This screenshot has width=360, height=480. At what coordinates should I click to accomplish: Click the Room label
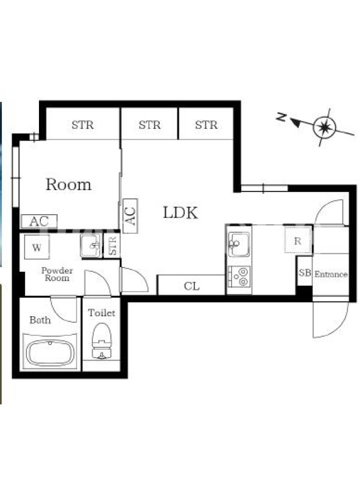(68, 184)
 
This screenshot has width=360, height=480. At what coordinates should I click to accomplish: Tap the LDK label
(181, 212)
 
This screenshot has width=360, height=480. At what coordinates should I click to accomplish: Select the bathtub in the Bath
(50, 353)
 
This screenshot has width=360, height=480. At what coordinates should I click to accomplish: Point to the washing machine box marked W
(37, 247)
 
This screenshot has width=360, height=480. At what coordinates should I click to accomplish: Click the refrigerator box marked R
(298, 241)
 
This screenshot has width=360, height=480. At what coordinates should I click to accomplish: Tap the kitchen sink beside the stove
(239, 244)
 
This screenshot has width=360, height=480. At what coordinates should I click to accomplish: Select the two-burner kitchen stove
(239, 277)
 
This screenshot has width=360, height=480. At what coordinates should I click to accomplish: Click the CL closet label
(191, 286)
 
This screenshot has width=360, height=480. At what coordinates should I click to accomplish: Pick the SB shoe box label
(305, 272)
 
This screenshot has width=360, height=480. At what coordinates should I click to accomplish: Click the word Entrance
(331, 274)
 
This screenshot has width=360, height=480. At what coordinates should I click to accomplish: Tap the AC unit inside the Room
(39, 221)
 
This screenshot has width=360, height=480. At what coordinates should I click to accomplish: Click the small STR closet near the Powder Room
(112, 245)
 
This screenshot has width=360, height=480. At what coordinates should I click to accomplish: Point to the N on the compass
(281, 116)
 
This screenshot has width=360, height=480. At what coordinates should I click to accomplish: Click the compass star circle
(325, 127)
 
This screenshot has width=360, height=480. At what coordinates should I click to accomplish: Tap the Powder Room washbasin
(91, 245)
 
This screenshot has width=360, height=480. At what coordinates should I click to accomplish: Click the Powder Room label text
(57, 274)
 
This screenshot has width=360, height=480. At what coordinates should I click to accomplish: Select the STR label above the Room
(83, 125)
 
